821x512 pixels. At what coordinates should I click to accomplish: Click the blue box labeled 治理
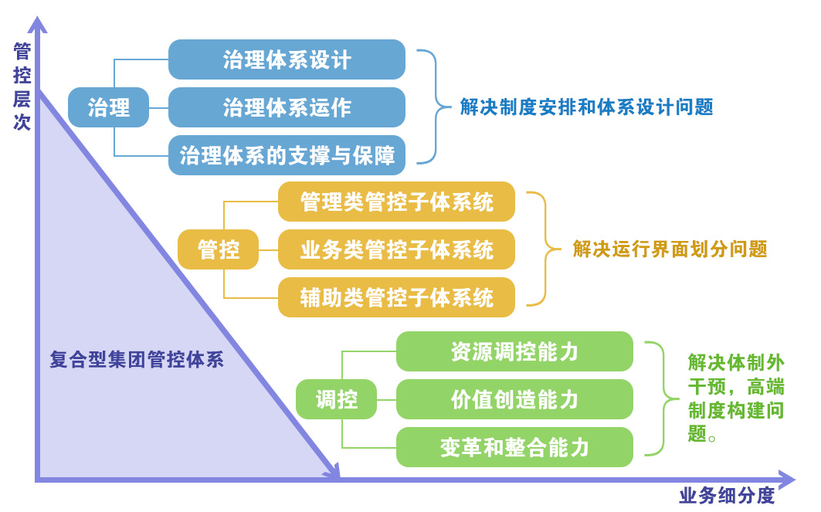point(108,107)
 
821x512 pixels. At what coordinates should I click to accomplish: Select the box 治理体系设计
point(287,59)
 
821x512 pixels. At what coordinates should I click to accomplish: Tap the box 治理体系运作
point(287,107)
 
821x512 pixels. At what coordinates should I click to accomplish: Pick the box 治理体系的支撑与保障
point(287,155)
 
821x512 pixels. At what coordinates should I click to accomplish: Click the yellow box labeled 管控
point(219,249)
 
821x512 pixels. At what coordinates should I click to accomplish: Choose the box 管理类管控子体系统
point(396,202)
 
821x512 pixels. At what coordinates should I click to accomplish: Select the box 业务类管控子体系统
point(396,249)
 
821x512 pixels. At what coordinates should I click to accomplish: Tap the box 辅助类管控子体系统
point(396,297)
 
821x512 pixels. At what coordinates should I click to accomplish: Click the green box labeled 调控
point(336,399)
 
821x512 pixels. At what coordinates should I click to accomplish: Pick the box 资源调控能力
point(514,351)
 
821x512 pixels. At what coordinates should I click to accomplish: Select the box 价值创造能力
point(514,399)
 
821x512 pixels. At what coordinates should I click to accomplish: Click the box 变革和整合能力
point(514,447)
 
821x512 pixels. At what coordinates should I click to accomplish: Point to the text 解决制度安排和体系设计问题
point(586,107)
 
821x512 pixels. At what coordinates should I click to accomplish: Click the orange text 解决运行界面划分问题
point(670,249)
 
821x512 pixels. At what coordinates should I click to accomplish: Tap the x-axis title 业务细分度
point(727,495)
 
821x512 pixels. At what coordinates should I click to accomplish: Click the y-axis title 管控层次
point(22,87)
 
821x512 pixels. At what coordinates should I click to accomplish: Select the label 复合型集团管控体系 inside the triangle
point(137,360)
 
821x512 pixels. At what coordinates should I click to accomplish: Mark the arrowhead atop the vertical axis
point(37,24)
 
